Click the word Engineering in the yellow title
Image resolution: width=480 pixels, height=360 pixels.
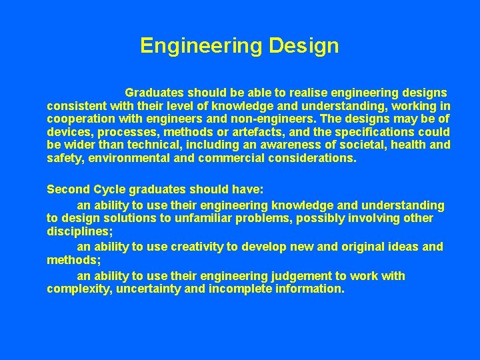tap(201, 46)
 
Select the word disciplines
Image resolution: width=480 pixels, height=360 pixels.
tap(78, 232)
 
